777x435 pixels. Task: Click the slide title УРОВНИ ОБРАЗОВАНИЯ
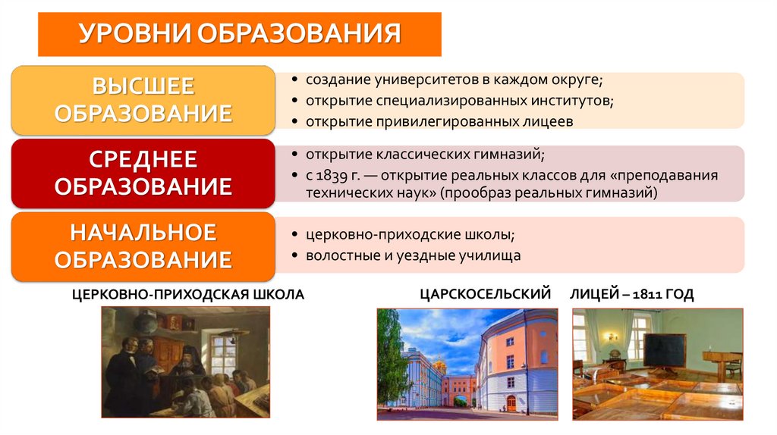point(239,34)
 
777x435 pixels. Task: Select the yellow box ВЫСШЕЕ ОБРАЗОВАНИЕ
point(143,100)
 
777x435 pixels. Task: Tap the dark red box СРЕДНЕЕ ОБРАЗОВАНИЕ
point(143,173)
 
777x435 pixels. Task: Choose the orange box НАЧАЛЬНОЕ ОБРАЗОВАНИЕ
point(143,246)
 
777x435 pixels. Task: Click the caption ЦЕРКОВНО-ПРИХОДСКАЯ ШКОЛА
point(188,294)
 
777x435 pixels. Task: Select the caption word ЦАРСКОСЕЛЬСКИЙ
point(484,294)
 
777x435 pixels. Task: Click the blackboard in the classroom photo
point(665,349)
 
